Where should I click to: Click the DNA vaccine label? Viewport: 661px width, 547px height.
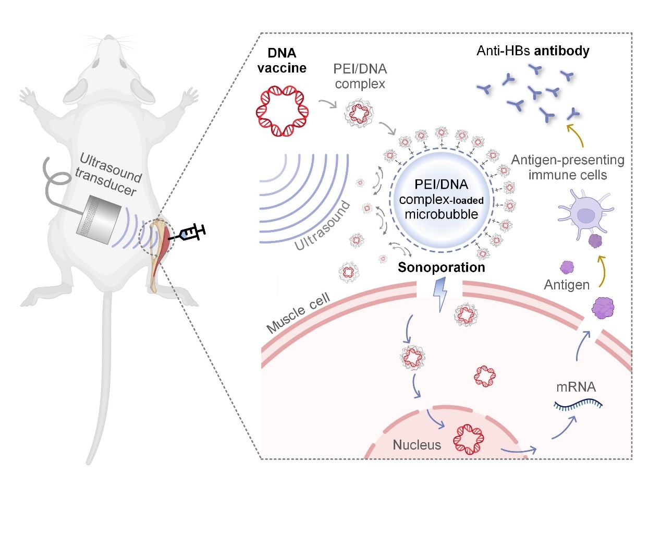(282, 60)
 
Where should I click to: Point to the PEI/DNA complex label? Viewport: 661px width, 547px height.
(360, 76)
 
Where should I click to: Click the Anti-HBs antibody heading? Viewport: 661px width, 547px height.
(533, 51)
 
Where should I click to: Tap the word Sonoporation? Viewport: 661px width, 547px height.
(441, 268)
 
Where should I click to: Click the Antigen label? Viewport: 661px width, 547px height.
(567, 285)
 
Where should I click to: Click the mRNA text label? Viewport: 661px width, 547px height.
(576, 387)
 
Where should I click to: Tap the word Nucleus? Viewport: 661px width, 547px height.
(417, 445)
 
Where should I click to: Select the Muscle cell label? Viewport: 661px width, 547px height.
(298, 313)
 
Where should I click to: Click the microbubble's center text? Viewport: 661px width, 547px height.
(441, 199)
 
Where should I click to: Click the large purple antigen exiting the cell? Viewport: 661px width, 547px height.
(603, 308)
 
